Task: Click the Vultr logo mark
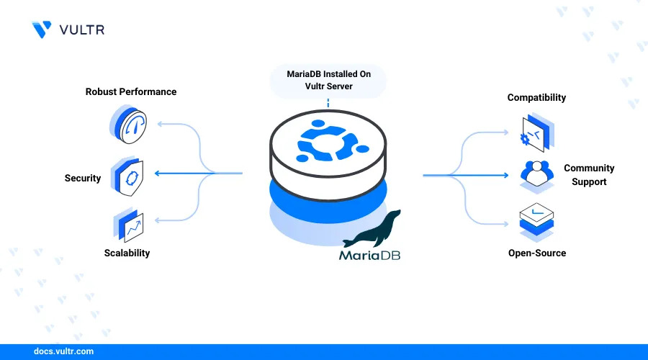[42, 29]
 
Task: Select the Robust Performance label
[131, 91]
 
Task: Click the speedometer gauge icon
[130, 124]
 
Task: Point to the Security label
[83, 178]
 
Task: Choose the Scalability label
[127, 253]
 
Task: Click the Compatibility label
[536, 97]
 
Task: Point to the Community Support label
[589, 175]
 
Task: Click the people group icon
[536, 174]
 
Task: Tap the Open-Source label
[537, 253]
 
